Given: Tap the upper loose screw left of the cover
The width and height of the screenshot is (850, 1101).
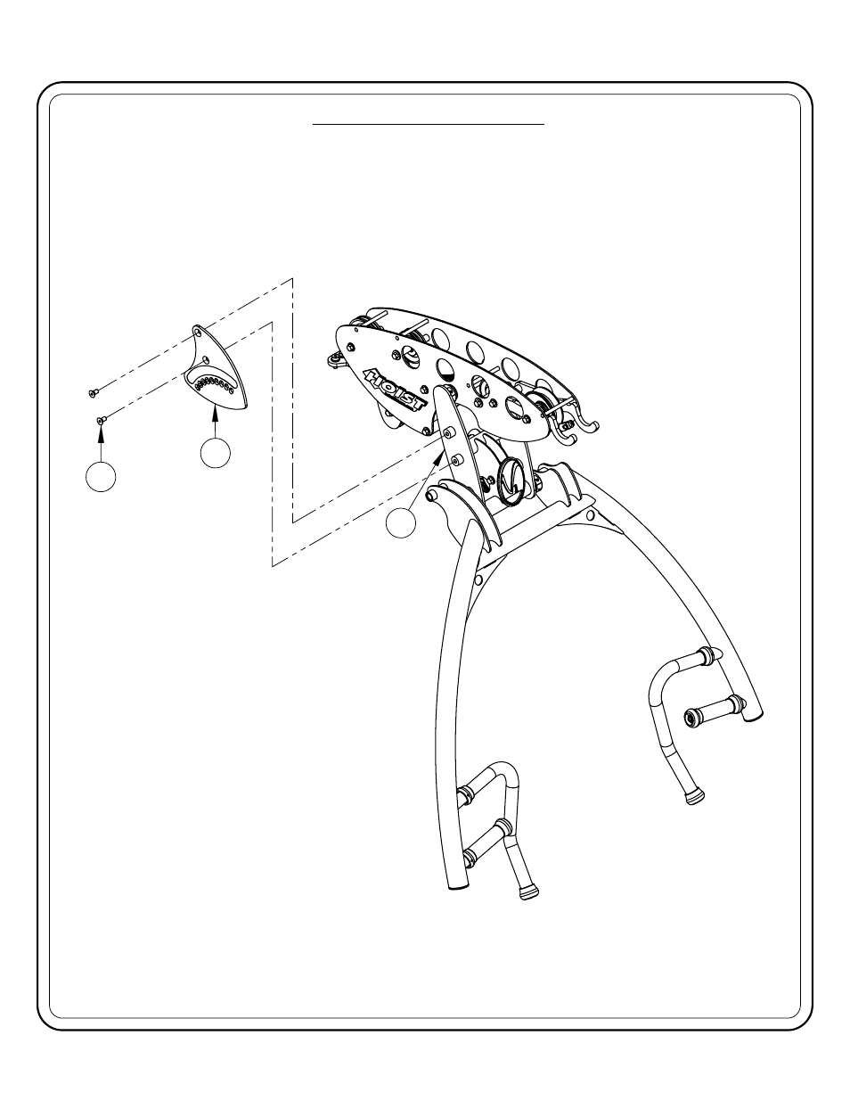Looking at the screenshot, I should point(93,391).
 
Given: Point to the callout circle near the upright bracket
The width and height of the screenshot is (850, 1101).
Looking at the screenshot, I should point(402,522).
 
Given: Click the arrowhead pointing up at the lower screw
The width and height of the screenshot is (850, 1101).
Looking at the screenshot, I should point(101,433).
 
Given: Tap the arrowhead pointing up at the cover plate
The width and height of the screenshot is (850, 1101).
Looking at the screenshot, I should point(214,410).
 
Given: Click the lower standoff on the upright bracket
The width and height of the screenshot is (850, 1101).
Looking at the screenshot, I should point(457,460).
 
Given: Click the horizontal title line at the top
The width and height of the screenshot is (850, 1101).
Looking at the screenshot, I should point(428,126).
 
